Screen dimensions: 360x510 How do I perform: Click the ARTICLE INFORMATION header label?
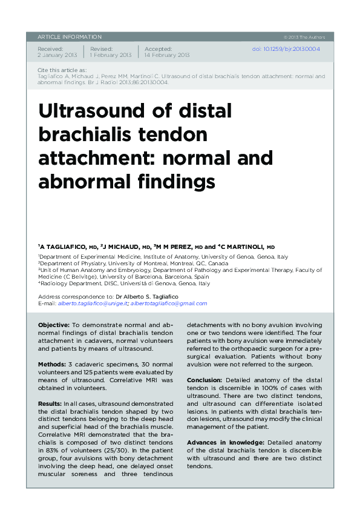pos(70,37)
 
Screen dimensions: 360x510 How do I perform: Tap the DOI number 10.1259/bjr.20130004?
pos(286,49)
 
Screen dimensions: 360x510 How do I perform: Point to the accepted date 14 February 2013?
pos(166,55)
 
